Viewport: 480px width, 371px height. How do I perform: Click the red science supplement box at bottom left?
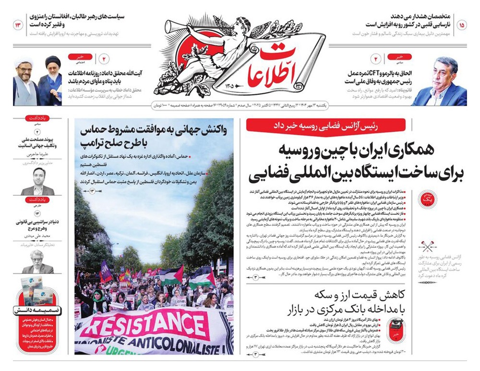[x=38, y=319]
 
